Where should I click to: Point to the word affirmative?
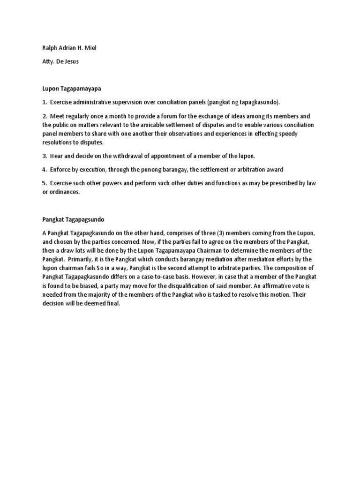pos(280,285)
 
